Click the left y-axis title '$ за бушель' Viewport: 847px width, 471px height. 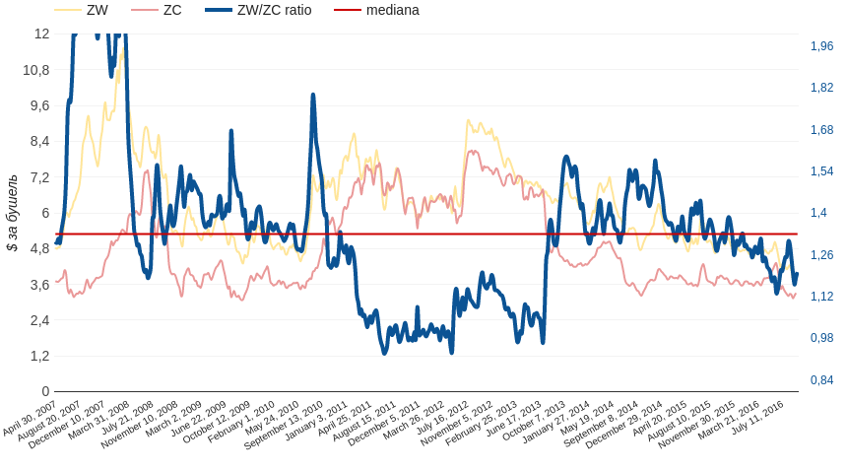(12, 213)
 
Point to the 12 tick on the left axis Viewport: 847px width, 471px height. (41, 34)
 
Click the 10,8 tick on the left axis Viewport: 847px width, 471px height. (36, 70)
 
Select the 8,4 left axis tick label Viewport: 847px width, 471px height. (39, 141)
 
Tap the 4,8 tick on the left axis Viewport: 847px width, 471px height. (39, 248)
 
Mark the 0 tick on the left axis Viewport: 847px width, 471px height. (45, 391)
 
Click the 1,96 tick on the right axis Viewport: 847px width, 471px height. (821, 46)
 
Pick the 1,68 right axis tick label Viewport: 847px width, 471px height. (821, 130)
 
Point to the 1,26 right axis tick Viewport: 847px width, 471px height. (821, 255)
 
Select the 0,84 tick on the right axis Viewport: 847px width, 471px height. (821, 380)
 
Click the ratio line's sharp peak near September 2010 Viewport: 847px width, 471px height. (313, 96)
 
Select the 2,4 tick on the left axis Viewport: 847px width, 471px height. (39, 320)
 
